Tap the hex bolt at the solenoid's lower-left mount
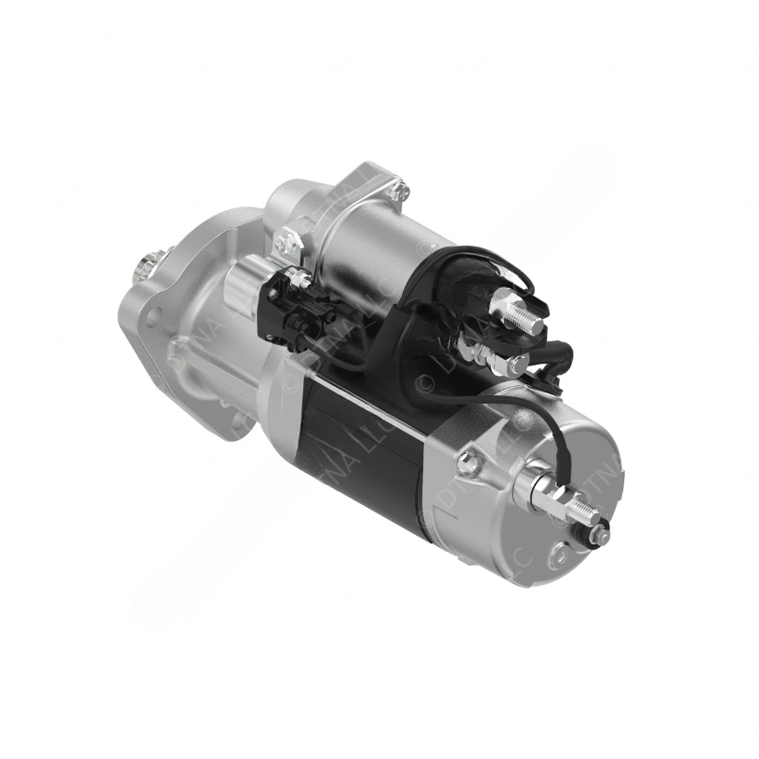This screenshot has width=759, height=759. tap(286, 244)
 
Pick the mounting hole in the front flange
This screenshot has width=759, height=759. tap(153, 318)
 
